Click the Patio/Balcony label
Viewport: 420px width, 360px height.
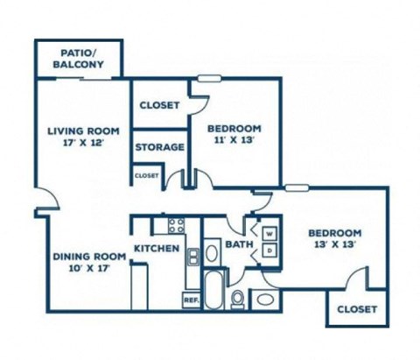[78, 59]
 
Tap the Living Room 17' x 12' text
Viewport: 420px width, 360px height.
[83, 137]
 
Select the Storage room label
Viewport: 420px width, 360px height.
[160, 147]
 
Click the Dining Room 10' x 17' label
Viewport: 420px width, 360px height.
[89, 263]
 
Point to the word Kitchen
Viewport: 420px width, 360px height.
[157, 249]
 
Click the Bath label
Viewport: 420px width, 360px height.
[239, 244]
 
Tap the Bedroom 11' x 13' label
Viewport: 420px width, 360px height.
[234, 134]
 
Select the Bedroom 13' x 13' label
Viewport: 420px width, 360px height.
[335, 238]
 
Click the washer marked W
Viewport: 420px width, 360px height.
[269, 234]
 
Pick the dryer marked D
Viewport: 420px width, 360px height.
[269, 251]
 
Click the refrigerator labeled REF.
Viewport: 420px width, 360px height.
[192, 300]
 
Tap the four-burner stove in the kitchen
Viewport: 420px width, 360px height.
[177, 225]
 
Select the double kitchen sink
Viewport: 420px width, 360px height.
[193, 257]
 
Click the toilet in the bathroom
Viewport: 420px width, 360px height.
[237, 300]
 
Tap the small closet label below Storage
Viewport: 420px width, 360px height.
[147, 176]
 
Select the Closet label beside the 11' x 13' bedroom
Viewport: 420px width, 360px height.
[159, 105]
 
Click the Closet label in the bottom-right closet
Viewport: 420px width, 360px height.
[357, 309]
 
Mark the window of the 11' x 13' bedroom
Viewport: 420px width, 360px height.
[209, 78]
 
